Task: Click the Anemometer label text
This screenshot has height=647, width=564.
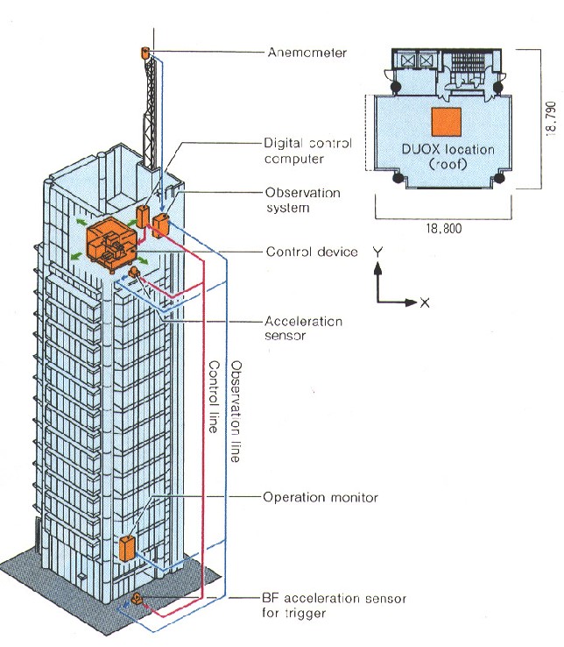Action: (x=307, y=53)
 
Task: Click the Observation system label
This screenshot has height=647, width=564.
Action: (x=302, y=199)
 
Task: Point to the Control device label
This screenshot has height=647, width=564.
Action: (x=312, y=252)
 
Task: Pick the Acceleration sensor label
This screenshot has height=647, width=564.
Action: (x=303, y=328)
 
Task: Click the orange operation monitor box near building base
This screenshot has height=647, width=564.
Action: (x=128, y=548)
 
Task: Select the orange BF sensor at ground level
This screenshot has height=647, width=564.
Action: (x=137, y=599)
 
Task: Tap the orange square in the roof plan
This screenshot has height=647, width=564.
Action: (x=446, y=120)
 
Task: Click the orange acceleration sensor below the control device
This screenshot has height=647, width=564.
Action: (x=133, y=274)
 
